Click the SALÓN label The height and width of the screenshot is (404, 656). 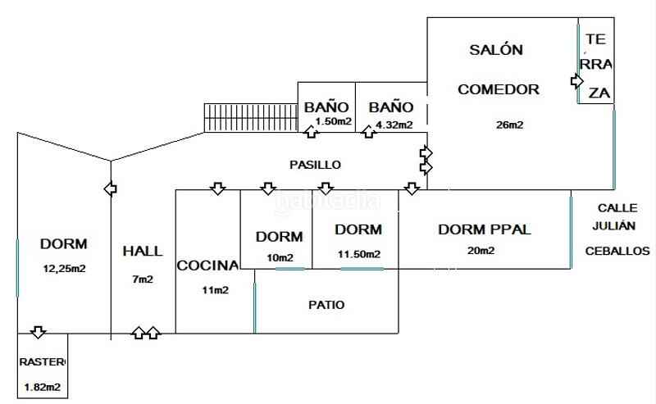(x=495, y=50)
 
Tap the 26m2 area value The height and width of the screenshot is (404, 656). (x=509, y=125)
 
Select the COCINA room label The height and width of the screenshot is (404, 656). (x=207, y=266)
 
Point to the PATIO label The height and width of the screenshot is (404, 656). (x=326, y=305)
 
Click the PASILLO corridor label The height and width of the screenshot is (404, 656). (x=315, y=165)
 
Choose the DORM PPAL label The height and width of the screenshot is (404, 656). (x=485, y=229)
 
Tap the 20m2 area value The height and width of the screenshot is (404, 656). (x=481, y=251)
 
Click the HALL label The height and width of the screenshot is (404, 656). (x=143, y=252)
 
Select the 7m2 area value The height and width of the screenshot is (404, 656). (x=143, y=279)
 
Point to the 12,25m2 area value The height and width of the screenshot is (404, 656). (x=65, y=268)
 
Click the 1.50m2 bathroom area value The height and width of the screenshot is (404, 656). (x=333, y=122)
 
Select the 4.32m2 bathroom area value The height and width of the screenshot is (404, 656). (x=394, y=125)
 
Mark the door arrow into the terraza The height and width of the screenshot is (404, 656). (x=577, y=81)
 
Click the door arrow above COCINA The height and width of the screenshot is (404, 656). (x=217, y=189)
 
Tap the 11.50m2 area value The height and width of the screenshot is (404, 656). (x=359, y=255)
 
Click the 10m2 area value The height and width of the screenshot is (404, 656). (x=280, y=258)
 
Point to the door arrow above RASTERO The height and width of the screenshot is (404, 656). (x=38, y=332)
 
